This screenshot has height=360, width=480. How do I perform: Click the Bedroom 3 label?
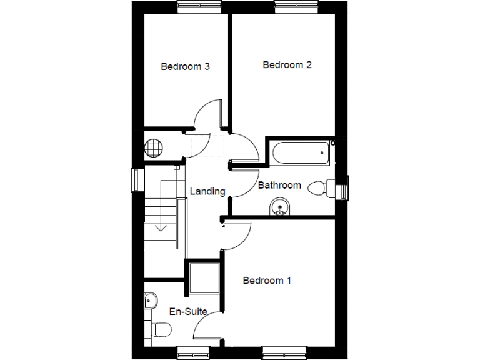[x=185, y=66]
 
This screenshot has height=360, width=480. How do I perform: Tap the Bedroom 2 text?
[x=287, y=64]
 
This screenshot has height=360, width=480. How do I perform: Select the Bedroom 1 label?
[x=267, y=281]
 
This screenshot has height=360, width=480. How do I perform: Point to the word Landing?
[x=207, y=191]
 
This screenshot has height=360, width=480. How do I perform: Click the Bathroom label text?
[x=279, y=185]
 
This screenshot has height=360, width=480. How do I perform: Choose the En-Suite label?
[x=188, y=311]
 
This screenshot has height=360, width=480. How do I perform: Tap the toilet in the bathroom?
[x=322, y=187]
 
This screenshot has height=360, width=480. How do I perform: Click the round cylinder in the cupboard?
[x=153, y=149]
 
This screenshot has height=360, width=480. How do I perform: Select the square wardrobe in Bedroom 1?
[x=204, y=277]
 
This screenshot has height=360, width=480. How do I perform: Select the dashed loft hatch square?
[x=206, y=145]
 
